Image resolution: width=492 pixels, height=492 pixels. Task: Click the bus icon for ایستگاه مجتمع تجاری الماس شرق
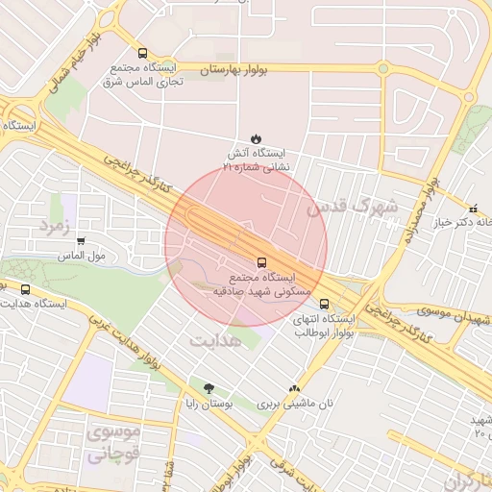(x=142, y=54)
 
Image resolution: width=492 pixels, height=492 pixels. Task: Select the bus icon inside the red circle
(x=261, y=260)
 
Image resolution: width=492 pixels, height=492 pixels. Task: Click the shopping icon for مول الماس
(x=81, y=241)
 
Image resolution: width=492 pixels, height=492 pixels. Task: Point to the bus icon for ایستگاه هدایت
(x=25, y=288)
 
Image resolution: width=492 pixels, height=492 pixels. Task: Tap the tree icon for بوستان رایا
(x=209, y=388)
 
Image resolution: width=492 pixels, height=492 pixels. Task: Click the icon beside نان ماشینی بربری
(x=293, y=389)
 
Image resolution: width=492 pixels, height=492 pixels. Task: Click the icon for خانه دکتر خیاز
(x=472, y=209)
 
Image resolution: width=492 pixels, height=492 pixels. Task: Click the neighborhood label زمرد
(x=55, y=224)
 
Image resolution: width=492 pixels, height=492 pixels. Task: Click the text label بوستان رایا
(x=208, y=405)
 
